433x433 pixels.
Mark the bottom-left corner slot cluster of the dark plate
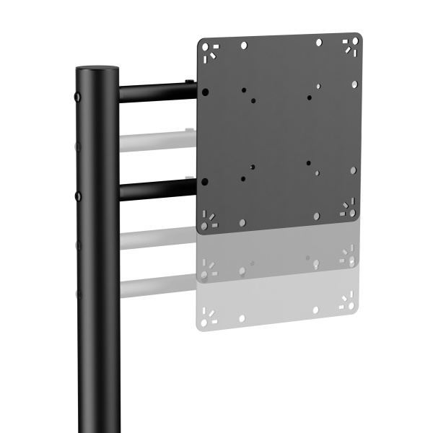(x=209, y=219)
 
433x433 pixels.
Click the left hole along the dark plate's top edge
(x=244, y=45)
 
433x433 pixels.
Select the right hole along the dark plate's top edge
(x=319, y=43)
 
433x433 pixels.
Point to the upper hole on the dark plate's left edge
(x=206, y=92)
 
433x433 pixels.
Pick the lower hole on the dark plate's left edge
(x=206, y=180)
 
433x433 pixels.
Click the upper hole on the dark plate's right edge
(x=354, y=84)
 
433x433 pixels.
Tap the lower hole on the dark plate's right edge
(x=353, y=171)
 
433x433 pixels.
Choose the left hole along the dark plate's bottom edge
(x=242, y=222)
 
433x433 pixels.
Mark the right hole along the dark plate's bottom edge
(x=316, y=216)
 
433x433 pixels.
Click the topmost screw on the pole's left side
(x=77, y=95)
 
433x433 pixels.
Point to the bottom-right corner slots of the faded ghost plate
(x=349, y=305)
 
